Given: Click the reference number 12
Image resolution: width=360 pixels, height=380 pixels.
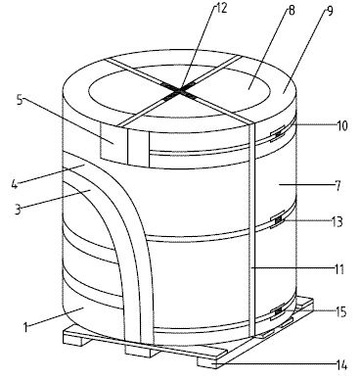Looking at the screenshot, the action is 220,8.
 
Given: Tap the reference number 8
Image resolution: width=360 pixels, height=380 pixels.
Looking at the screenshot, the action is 292,11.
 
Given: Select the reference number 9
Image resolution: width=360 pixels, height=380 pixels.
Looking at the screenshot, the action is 329,11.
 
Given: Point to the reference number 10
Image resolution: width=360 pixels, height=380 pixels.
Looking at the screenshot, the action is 341,125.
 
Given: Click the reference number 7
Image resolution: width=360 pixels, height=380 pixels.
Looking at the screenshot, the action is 337,186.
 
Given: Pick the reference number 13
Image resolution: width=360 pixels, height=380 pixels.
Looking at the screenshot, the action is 337,221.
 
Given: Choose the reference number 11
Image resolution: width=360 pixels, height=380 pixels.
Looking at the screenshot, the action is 339,269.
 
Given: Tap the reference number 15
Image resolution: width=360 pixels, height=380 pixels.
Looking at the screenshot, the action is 340,312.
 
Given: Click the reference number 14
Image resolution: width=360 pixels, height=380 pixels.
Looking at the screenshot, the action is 341,365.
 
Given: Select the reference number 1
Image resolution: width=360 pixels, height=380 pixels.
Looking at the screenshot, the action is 25,327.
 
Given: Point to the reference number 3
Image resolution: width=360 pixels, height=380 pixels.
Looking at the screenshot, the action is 18,209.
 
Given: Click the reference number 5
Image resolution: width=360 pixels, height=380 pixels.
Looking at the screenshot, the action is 20,100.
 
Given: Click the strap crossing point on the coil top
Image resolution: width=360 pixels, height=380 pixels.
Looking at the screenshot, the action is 178,90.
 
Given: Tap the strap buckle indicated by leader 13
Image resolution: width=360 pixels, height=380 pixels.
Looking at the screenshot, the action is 278,221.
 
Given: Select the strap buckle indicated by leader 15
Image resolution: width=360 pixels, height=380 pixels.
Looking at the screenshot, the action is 278,312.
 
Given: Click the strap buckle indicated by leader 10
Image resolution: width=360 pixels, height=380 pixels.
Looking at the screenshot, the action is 278,134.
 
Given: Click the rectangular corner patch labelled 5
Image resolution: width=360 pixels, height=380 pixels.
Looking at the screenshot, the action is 113,143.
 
